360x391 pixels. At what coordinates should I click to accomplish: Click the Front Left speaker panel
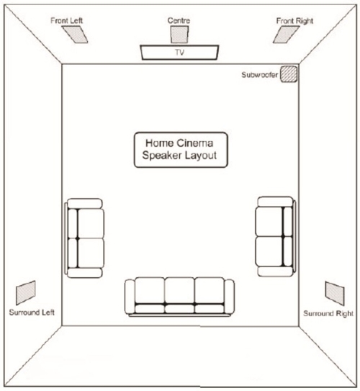(75, 35)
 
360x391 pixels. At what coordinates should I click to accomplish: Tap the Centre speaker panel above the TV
(179, 35)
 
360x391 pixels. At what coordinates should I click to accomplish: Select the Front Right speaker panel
(286, 35)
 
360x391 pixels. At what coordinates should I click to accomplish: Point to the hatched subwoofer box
(289, 74)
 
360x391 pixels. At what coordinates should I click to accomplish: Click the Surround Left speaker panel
(26, 292)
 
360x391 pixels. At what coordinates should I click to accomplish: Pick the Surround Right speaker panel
(335, 293)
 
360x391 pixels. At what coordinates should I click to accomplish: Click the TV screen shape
(179, 53)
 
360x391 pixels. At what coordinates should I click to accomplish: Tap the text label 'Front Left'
(66, 20)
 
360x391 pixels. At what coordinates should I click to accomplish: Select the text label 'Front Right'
(294, 21)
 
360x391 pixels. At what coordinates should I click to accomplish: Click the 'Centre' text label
(179, 20)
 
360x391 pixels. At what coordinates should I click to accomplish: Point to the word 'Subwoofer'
(259, 75)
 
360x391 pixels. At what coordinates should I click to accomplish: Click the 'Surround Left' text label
(32, 313)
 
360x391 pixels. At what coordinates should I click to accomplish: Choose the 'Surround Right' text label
(328, 313)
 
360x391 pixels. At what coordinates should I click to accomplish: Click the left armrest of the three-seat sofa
(130, 297)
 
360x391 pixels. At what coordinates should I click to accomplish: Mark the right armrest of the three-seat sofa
(230, 297)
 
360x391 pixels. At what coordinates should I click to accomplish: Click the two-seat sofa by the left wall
(84, 238)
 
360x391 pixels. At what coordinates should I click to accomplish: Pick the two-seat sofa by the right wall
(276, 236)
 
